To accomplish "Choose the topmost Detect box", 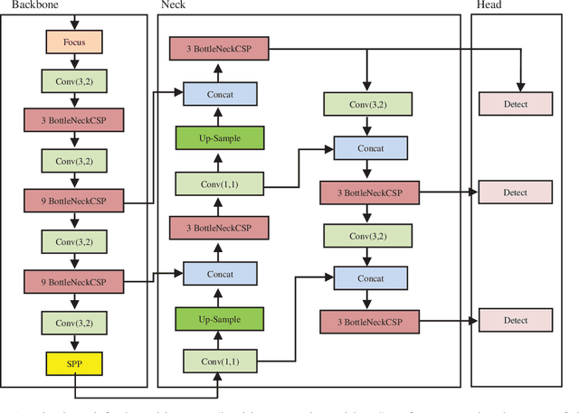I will [x=515, y=103].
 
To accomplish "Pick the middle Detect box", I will [x=515, y=192].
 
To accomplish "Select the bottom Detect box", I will [x=515, y=320].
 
